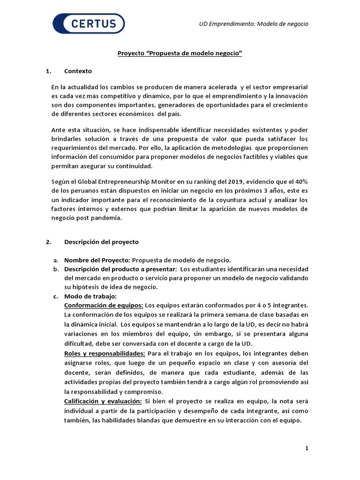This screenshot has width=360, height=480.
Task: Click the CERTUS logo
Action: (x=89, y=24)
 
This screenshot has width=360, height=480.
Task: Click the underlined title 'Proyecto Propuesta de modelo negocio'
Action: (x=180, y=54)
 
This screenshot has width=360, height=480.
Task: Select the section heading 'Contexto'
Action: (x=78, y=71)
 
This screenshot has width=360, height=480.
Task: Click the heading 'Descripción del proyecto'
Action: (x=101, y=242)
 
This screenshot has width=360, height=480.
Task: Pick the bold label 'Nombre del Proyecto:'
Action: (x=97, y=260)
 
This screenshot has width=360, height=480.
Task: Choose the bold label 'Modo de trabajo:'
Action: (x=90, y=296)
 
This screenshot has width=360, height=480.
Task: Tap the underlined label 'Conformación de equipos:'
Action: (x=103, y=305)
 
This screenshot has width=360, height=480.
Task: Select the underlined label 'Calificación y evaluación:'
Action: (x=103, y=402)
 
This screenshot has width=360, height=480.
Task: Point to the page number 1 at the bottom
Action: (x=307, y=449)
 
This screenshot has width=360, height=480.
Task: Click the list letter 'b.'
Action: (x=55, y=269)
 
